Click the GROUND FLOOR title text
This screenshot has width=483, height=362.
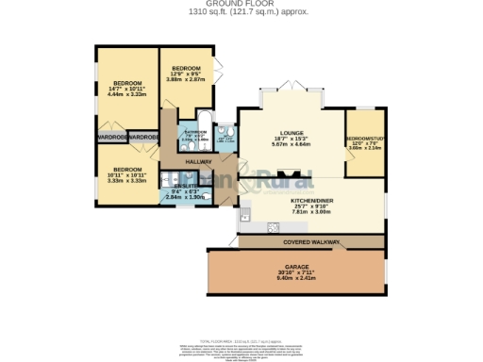(x=241, y=4)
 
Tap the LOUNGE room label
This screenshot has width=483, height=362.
(x=291, y=133)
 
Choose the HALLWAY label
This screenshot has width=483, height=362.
(x=198, y=161)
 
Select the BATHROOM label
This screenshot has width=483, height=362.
(x=195, y=132)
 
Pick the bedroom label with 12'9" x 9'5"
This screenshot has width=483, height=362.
(x=186, y=69)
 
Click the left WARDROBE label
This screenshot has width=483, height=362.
(x=110, y=138)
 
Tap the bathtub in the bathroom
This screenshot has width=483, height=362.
(x=190, y=145)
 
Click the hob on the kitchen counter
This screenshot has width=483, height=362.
(x=274, y=226)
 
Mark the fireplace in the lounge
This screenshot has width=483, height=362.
(x=295, y=174)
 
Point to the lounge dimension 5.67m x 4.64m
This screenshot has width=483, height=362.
(x=291, y=145)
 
